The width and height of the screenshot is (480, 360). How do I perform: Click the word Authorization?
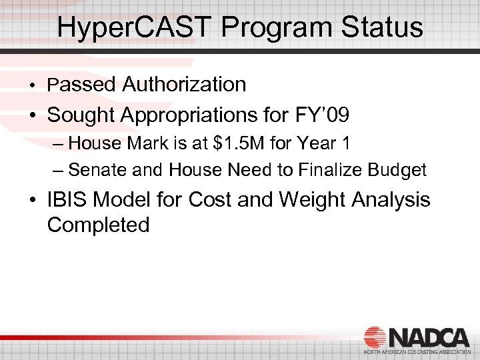184,85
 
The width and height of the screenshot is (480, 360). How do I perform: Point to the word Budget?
399,170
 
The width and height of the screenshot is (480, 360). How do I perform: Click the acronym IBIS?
67,199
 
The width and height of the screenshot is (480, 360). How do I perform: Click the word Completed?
98,225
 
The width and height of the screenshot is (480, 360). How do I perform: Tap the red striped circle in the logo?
375,337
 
